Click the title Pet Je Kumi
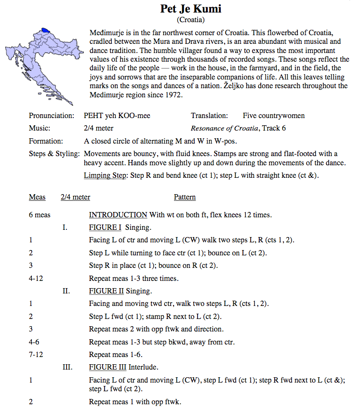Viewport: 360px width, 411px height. [190, 9]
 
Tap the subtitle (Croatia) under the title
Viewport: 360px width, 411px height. [190, 20]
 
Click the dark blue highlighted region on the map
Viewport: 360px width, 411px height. [46, 30]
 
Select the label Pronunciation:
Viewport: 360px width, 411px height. [52, 116]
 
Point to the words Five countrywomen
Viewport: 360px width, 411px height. [273, 116]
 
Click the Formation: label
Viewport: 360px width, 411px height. [46, 141]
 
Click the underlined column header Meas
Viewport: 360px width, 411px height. [37, 197]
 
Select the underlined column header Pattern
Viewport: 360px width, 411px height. [185, 197]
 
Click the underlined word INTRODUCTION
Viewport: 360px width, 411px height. [118, 215]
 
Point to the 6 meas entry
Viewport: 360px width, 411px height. [39, 215]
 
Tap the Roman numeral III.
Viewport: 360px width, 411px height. [67, 367]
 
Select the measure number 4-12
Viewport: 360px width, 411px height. [37, 278]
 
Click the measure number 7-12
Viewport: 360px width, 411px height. [37, 355]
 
